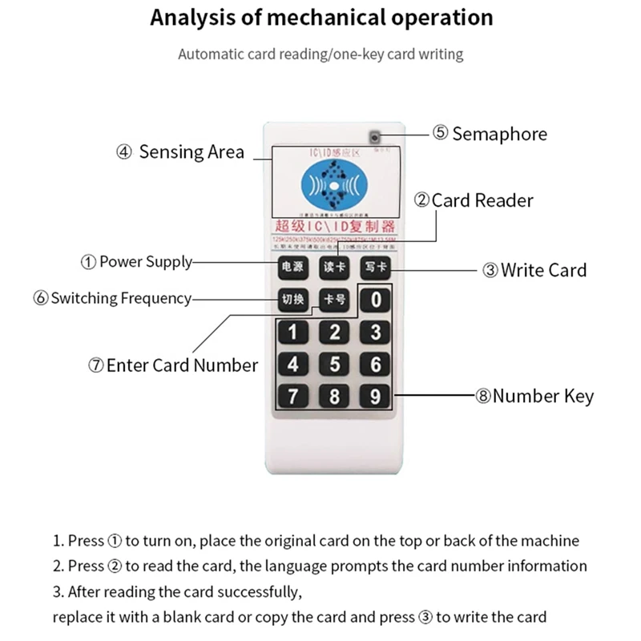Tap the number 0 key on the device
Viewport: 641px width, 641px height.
(375, 300)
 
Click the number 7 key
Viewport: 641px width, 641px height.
(293, 396)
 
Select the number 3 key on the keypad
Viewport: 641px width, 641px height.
(375, 333)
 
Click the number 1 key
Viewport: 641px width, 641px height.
(293, 333)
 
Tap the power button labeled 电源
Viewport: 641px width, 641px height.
(291, 268)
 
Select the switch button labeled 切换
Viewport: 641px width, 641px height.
(291, 300)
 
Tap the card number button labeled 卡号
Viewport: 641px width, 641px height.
(333, 300)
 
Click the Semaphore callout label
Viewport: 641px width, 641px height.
(490, 134)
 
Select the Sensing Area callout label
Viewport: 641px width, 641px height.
(180, 152)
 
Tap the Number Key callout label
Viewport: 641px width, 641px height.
(534, 396)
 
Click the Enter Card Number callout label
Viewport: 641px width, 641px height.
(172, 365)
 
